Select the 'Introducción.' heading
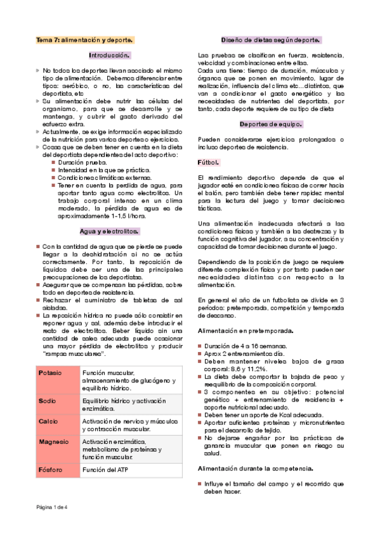(110, 55)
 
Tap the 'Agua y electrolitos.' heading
(110, 231)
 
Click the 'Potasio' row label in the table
(50, 373)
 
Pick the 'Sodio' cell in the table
(48, 401)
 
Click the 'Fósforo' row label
(50, 470)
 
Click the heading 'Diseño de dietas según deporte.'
(270, 40)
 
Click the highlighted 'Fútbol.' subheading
(210, 163)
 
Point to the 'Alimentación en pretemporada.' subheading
(246, 331)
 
